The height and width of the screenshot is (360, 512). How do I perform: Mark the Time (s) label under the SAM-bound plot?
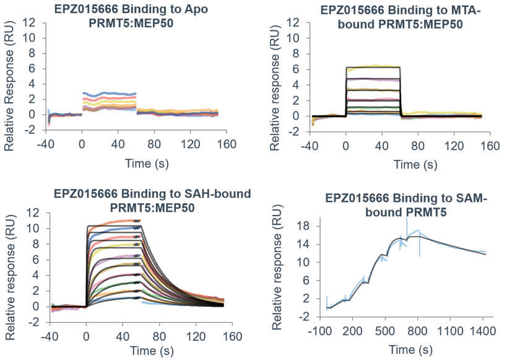(x=409, y=351)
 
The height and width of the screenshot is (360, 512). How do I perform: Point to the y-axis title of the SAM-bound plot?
(x=277, y=270)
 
